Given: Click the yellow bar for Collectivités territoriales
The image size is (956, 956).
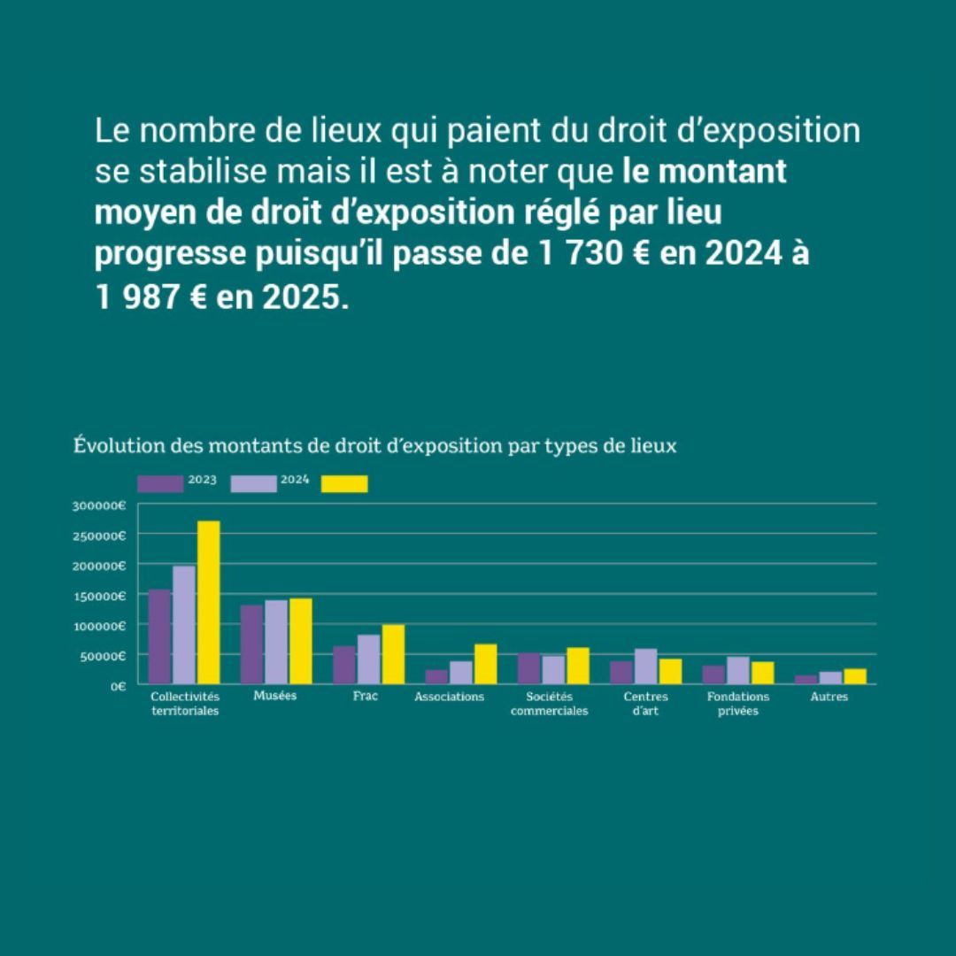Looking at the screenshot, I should coord(208,602).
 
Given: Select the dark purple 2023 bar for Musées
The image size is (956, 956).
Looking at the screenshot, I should coord(251,644).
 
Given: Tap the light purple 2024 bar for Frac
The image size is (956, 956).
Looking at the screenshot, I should coord(368,659).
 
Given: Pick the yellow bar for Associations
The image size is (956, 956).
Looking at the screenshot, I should coord(485,664).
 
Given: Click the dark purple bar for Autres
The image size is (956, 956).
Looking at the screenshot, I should coord(806,680).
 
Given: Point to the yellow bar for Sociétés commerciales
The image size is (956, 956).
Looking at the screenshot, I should coord(577,666).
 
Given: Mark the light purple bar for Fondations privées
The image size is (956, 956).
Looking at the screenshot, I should coord(737,670).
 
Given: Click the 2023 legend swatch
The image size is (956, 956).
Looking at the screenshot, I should coord(160,483).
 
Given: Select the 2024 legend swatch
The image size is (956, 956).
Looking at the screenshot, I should coord(253,483).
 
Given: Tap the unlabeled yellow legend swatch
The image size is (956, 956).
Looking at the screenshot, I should coord(344,483).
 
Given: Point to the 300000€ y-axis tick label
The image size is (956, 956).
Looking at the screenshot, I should coord(100,505).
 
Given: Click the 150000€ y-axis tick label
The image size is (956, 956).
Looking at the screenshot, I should coord(100,596).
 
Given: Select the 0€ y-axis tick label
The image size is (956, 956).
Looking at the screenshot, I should coord(117,686).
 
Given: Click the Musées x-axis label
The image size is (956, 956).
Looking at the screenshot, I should coord(274,696).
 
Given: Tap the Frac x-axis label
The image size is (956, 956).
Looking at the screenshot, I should coord(365,697).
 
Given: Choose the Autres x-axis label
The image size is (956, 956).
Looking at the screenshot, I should coord(829,698).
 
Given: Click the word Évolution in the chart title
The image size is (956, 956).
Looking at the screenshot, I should coord(109,446).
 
